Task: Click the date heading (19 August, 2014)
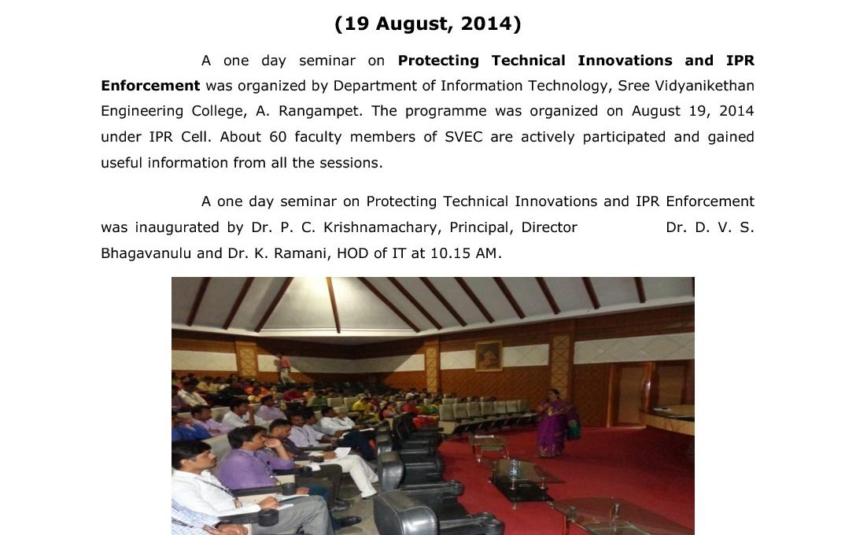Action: [x=428, y=24]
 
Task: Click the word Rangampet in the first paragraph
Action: [x=320, y=112]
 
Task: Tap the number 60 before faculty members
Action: [x=278, y=136]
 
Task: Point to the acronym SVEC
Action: [x=463, y=136]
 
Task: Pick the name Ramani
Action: [x=302, y=254]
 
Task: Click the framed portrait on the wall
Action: [x=489, y=356]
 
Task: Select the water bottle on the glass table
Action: [x=513, y=468]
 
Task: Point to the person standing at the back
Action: [x=284, y=368]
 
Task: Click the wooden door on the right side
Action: [x=631, y=394]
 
